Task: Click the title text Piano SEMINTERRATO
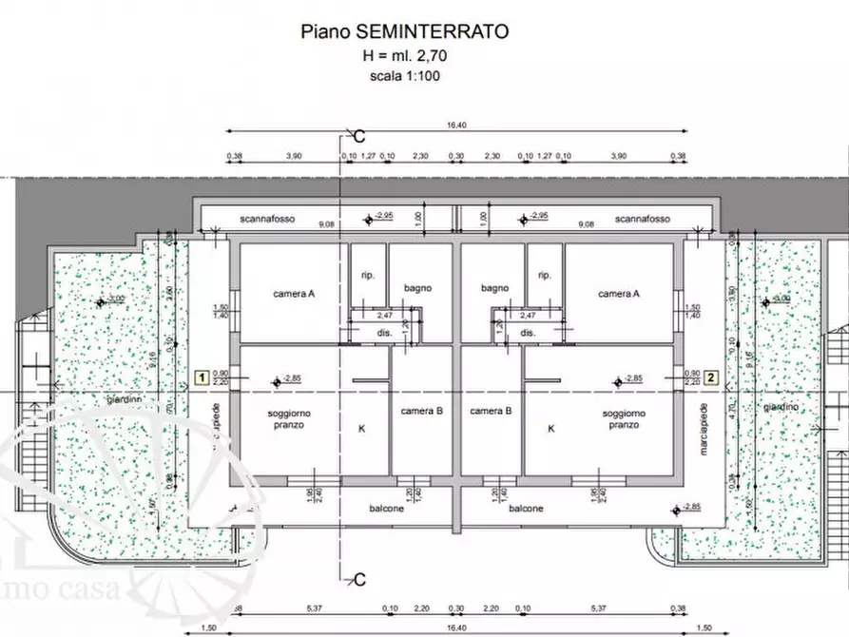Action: click(x=404, y=31)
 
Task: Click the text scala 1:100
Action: click(x=405, y=76)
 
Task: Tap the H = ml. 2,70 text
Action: click(x=405, y=56)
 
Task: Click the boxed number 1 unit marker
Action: click(x=202, y=376)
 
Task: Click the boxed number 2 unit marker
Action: click(x=711, y=376)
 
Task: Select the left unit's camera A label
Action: click(x=294, y=295)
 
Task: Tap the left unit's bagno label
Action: click(x=418, y=288)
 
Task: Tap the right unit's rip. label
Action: click(x=545, y=276)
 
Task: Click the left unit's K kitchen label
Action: click(x=361, y=429)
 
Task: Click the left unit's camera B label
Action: click(x=422, y=411)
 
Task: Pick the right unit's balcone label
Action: click(x=525, y=509)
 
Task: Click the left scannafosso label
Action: click(x=268, y=219)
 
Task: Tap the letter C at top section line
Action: click(x=359, y=135)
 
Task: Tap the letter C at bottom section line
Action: click(x=359, y=579)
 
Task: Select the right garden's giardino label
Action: click(x=781, y=407)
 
